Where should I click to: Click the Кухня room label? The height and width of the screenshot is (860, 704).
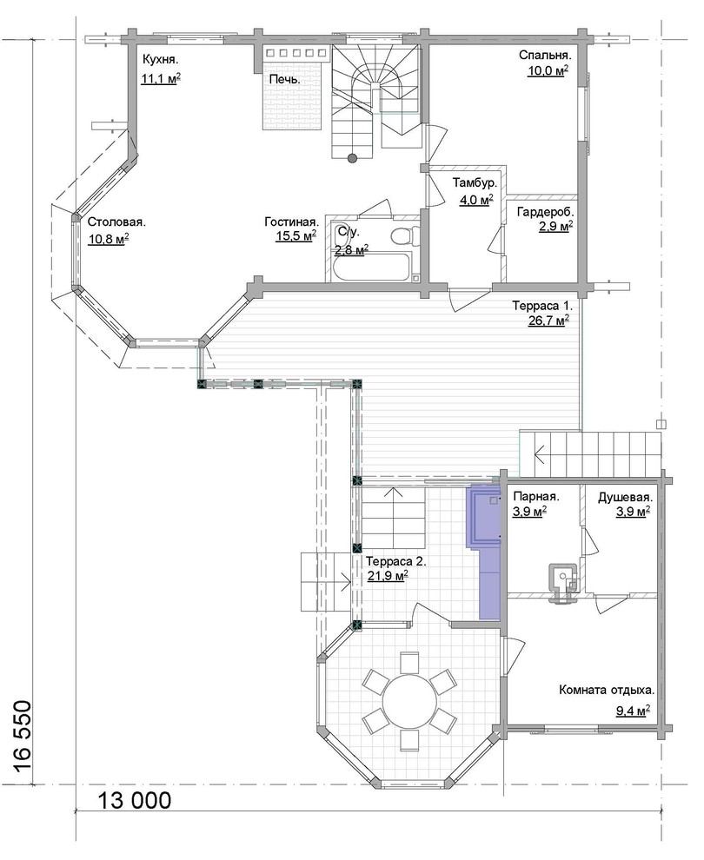pyautogui.click(x=161, y=59)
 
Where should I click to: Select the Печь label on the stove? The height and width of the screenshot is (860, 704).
pyautogui.click(x=285, y=79)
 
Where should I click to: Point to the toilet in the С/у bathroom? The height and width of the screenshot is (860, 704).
pyautogui.click(x=402, y=235)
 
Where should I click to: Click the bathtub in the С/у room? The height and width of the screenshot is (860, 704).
pyautogui.click(x=371, y=267)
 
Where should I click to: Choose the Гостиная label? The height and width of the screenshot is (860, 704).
pyautogui.click(x=291, y=222)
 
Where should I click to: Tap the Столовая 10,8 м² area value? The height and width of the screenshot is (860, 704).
pyautogui.click(x=108, y=238)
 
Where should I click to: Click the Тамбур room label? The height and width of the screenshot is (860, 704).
pyautogui.click(x=475, y=182)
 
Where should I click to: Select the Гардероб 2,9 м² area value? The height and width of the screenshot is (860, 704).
pyautogui.click(x=556, y=226)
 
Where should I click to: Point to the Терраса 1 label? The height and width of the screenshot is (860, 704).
pyautogui.click(x=542, y=305)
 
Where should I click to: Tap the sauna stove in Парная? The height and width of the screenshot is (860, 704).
pyautogui.click(x=561, y=582)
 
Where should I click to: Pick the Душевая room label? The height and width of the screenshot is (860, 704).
pyautogui.click(x=625, y=498)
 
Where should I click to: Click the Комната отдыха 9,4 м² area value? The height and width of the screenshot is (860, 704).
pyautogui.click(x=633, y=711)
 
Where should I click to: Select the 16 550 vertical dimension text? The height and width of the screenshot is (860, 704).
pyautogui.click(x=22, y=738)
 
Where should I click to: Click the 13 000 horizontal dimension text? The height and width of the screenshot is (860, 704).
pyautogui.click(x=135, y=801)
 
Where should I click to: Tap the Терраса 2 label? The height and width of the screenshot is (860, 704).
pyautogui.click(x=395, y=562)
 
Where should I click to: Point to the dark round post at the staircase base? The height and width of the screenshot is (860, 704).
pyautogui.click(x=352, y=158)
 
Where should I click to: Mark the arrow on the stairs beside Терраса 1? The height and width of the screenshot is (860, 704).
pyautogui.click(x=541, y=453)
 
